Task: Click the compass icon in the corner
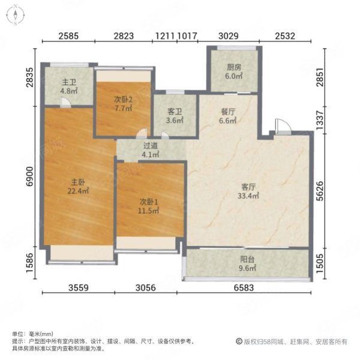pos(15,15)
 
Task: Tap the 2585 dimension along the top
pos(68,36)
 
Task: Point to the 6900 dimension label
pos(30,176)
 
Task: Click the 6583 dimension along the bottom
pos(244,287)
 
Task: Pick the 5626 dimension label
pos(320,191)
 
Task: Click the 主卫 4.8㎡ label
pos(69,86)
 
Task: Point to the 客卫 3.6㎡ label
pos(175,116)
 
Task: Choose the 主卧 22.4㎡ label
pos(78,187)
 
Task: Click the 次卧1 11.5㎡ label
pos(149,206)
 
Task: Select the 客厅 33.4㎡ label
pos(248,191)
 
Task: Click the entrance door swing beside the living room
pos(283,126)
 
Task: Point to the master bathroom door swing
pos(65,103)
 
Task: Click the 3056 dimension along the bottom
pos(146,287)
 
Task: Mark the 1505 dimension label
pos(320,263)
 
